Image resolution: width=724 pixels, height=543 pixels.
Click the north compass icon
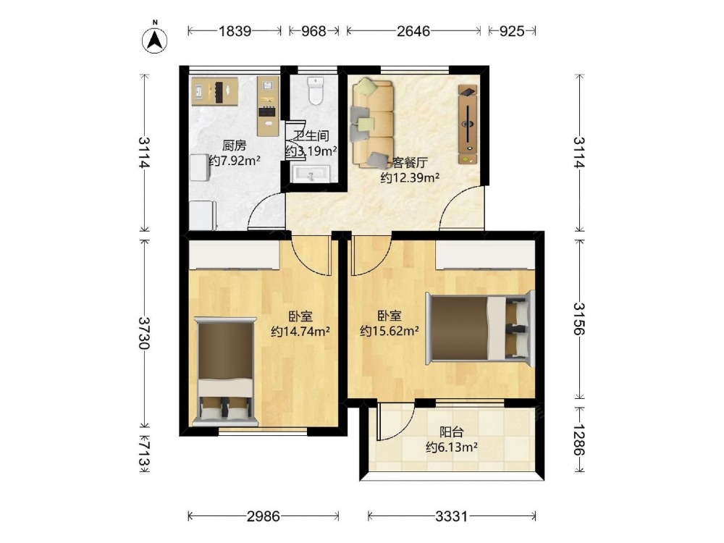pos(154,39)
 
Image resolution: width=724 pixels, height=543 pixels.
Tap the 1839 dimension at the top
pos(235,31)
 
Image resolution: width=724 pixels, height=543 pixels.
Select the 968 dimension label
pos(313,31)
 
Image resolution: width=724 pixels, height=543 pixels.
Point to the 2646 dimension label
pos(413,31)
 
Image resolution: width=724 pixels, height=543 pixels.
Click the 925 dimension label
pos(512,31)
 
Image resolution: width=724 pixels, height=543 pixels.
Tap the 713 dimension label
pos(146,454)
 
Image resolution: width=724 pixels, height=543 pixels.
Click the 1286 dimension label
pos(579,439)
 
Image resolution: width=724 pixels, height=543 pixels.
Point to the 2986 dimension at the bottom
pos(264,515)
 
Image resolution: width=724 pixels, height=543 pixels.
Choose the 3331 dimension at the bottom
pos(452,515)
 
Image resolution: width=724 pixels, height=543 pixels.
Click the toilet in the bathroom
pos(316,90)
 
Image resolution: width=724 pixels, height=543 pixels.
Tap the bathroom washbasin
pos(311,174)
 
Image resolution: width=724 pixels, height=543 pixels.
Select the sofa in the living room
pos(373,123)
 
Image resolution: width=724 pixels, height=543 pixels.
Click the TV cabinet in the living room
pos(468,124)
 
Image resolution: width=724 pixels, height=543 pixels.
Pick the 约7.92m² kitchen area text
pos(235,161)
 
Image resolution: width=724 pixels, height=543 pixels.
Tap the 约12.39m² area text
pos(410,177)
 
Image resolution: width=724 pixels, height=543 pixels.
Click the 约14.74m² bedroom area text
pos(300,331)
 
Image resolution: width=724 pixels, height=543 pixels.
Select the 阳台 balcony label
pos(451,432)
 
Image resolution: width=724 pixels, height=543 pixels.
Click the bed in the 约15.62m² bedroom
pos(480,328)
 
